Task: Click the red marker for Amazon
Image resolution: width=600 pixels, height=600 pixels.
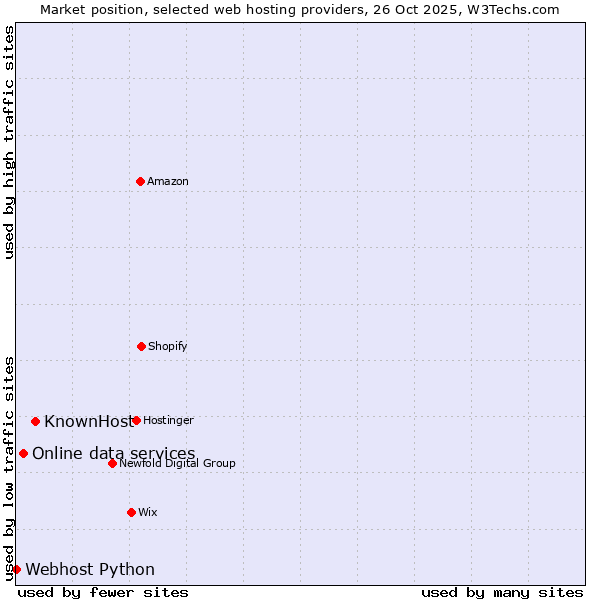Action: (x=140, y=181)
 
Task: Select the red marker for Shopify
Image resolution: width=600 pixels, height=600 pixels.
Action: (x=141, y=346)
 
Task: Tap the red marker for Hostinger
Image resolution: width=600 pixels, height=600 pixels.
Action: (x=136, y=420)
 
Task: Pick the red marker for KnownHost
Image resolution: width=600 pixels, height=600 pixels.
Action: (x=35, y=421)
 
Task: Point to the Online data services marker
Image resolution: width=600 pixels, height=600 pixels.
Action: (x=23, y=453)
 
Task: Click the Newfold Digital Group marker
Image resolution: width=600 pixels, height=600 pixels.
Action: (x=112, y=463)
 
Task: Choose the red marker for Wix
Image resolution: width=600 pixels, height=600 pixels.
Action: (x=131, y=512)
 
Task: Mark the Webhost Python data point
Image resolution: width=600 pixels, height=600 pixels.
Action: (x=16, y=569)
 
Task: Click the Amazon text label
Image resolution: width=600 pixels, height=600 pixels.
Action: (x=168, y=182)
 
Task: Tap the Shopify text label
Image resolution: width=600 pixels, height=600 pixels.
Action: (x=168, y=347)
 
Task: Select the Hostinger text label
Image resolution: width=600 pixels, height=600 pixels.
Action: (x=168, y=421)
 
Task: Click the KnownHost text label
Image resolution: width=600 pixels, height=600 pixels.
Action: (x=88, y=421)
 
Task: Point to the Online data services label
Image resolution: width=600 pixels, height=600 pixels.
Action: (x=113, y=454)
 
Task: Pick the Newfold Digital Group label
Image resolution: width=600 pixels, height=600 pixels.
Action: (x=178, y=464)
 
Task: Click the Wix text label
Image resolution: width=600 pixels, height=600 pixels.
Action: (x=148, y=513)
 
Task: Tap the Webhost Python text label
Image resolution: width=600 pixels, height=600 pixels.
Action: (x=90, y=570)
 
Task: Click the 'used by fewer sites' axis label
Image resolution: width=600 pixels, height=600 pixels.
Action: (x=103, y=592)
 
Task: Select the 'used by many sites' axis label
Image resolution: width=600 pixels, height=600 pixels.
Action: (x=502, y=592)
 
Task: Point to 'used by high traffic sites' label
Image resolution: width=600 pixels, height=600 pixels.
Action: (x=9, y=142)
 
